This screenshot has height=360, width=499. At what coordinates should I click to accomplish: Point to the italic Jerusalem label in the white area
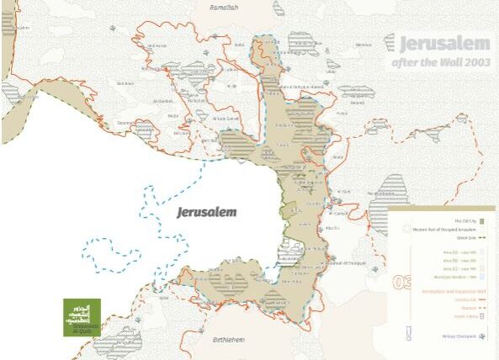(x=206, y=213)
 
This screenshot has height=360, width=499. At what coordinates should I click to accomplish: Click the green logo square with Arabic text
(x=82, y=317)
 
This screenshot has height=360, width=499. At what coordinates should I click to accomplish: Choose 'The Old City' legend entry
(x=464, y=220)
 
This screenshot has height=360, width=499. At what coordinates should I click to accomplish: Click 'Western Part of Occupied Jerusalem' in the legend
(x=442, y=229)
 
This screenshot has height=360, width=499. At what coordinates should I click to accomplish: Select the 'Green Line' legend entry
(x=466, y=238)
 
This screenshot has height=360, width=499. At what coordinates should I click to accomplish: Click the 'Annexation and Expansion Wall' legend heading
(x=450, y=291)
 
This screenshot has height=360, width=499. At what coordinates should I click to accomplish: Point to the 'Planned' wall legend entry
(x=466, y=308)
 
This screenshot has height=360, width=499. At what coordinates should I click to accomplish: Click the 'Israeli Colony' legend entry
(x=463, y=316)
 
